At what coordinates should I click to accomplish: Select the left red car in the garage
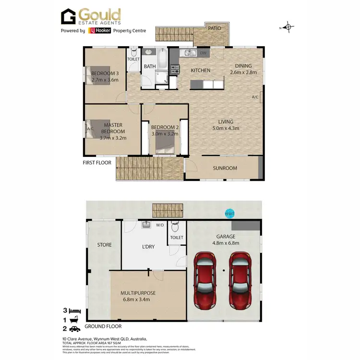pos(206,281)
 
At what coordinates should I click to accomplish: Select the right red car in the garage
pos(240,281)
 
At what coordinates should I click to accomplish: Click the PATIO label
pos(215,28)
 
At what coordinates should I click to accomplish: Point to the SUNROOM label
pos(226,168)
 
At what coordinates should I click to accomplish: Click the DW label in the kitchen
pos(203,53)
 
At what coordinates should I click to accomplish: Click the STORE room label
pos(104,245)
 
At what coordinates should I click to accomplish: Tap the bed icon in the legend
pos(75,311)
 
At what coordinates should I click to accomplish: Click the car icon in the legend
pos(75,329)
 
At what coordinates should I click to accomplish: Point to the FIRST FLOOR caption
pos(97,163)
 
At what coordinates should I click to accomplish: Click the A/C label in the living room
pos(255,97)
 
